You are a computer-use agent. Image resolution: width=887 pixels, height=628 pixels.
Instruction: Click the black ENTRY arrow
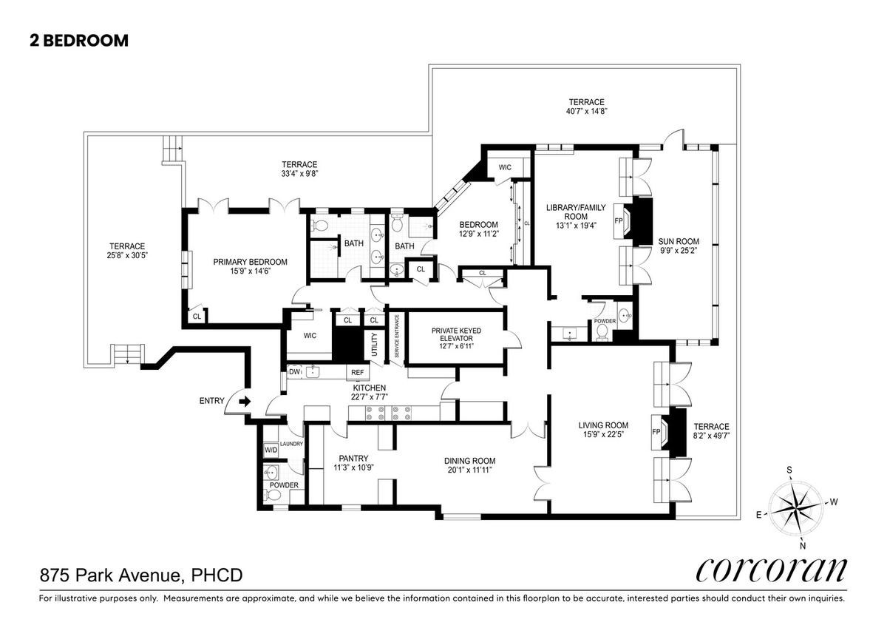[245, 402]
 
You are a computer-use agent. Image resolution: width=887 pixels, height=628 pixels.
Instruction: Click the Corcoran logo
[772, 570]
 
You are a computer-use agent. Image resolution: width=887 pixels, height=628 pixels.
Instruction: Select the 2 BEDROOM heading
[79, 41]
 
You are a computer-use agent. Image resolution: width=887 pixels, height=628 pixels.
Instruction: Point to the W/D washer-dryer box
[271, 450]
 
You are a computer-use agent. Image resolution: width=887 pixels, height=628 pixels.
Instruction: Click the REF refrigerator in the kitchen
[357, 373]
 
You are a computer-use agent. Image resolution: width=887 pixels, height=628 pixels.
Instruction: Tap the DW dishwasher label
[294, 371]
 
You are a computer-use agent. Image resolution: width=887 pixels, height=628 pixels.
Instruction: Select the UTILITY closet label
[375, 344]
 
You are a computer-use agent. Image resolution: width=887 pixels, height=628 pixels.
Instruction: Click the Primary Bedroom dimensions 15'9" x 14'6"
[251, 271]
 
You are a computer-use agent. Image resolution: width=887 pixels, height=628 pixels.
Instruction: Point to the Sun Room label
[679, 241]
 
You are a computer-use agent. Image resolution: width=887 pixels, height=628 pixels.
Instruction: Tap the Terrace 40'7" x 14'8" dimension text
[586, 112]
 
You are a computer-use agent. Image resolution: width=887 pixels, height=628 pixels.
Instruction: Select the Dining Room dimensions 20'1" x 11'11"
[469, 470]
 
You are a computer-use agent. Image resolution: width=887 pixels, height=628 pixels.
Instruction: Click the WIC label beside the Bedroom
[505, 168]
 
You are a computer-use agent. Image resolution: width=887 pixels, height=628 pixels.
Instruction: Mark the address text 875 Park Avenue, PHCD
[141, 575]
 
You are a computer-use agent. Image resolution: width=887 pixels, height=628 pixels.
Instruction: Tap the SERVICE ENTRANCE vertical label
[397, 336]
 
